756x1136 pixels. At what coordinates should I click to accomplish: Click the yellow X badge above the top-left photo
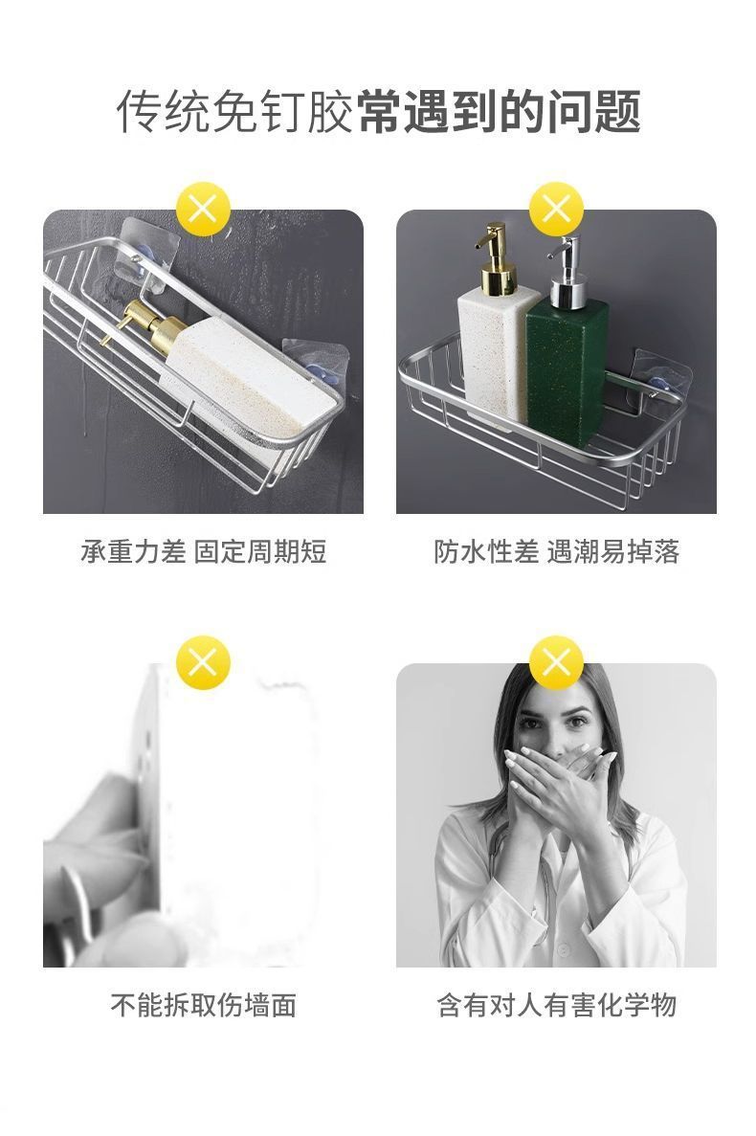pyautogui.click(x=204, y=210)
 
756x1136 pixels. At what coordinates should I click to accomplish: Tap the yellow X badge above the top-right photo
pyautogui.click(x=556, y=210)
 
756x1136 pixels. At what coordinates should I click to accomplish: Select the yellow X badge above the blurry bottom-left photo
pyautogui.click(x=204, y=662)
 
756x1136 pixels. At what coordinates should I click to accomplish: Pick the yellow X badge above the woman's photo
pyautogui.click(x=556, y=662)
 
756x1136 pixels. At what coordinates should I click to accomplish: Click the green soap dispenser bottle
pyautogui.click(x=567, y=366)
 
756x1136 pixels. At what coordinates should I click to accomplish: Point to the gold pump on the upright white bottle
pyautogui.click(x=497, y=258)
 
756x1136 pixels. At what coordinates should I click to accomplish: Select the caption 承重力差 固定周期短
pyautogui.click(x=204, y=552)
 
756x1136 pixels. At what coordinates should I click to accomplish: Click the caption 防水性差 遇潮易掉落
pyautogui.click(x=556, y=552)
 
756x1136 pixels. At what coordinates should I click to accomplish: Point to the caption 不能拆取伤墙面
pyautogui.click(x=204, y=1006)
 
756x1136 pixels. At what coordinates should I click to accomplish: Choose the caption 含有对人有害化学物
pyautogui.click(x=556, y=1006)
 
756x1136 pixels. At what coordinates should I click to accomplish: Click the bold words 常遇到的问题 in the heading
pyautogui.click(x=500, y=112)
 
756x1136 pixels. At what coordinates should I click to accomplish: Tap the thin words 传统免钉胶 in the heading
pyautogui.click(x=235, y=112)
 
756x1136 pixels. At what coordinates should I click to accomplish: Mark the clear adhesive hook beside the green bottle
pyautogui.click(x=659, y=380)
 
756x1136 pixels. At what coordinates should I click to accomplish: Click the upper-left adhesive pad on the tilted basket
pyautogui.click(x=144, y=254)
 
